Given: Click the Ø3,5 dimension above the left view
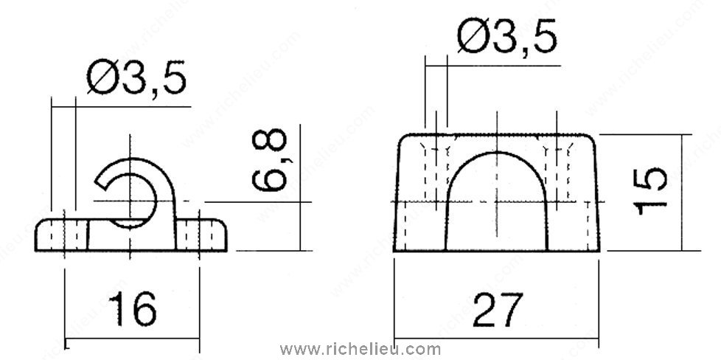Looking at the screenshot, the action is pos(137,77).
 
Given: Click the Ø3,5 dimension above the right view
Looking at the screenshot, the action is pos(507,36).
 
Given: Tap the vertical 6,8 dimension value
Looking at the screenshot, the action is pos(270,160).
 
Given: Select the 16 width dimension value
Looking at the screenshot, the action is pos(133,309).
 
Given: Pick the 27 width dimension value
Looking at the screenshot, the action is pos(498,309).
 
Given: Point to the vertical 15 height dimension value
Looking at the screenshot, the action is pos(650,192).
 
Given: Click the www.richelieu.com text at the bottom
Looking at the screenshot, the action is pos(360,350).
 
